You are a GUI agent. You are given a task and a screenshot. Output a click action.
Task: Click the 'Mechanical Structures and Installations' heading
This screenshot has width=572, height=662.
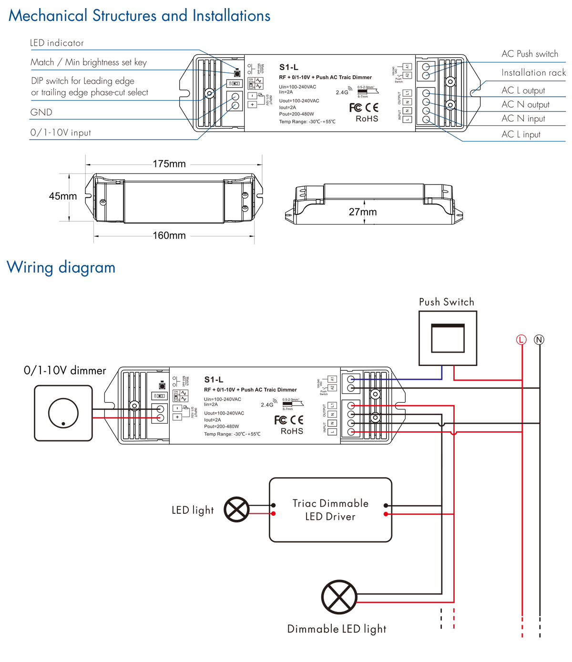pos(139,16)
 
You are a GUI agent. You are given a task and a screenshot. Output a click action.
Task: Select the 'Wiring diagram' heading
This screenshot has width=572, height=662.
pos(61,267)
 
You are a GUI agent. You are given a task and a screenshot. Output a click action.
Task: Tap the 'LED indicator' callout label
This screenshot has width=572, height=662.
pos(57,43)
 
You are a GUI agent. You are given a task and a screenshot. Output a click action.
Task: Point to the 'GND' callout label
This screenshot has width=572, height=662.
pos(41,112)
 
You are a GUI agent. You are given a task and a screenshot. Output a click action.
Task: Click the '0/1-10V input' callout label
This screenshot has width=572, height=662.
pos(61,132)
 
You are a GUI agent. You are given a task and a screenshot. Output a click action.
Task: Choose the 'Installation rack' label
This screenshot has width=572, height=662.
pos(533,72)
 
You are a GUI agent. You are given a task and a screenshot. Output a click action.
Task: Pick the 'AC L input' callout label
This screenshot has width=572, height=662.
pos(521,134)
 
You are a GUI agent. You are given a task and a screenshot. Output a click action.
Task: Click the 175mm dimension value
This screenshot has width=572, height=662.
pos(169,164)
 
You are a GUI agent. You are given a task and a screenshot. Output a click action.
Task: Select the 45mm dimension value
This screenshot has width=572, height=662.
pos(63,196)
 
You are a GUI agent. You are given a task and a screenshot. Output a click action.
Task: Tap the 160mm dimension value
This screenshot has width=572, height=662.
pos(169,235)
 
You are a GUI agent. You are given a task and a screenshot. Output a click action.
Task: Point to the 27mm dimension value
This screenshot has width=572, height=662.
pos(363,212)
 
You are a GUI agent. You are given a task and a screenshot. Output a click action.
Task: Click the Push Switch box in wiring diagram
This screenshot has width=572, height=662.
pos(448,338)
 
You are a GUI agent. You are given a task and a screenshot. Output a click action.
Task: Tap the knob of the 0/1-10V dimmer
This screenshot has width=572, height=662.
pos(63,413)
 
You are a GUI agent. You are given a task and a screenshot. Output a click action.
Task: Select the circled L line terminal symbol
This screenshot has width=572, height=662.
pos(521,340)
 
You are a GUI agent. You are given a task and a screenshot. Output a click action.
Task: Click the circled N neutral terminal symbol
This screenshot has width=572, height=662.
pos(539,340)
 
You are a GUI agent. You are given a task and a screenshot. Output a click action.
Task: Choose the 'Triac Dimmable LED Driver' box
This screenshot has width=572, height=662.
pos(330,510)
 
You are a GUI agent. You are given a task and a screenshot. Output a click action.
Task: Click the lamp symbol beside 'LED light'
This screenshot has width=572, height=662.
pos(237,509)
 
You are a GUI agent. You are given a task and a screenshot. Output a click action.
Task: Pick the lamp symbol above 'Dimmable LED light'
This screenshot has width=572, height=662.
pos(339,597)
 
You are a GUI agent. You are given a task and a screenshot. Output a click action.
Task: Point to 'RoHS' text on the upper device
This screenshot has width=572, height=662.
pos(367,119)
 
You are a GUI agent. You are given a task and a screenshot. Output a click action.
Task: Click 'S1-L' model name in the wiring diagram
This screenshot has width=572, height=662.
pos(214,380)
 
